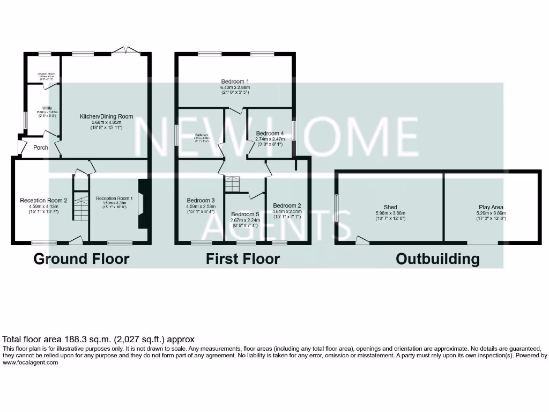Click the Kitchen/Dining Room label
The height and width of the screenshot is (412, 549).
pyautogui.click(x=106, y=116)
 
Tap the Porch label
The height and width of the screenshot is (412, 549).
pyautogui.click(x=41, y=148)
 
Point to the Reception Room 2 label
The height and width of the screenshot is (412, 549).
pyautogui.click(x=44, y=201)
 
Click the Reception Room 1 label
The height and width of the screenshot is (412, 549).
pyautogui.click(x=114, y=198)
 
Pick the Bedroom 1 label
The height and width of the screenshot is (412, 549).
pyautogui.click(x=235, y=82)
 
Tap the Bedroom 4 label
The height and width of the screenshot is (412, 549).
pyautogui.click(x=270, y=133)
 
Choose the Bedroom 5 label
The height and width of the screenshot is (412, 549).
pyautogui.click(x=245, y=214)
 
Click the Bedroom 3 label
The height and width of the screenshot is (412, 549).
pyautogui.click(x=201, y=201)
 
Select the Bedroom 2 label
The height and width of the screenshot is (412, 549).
pyautogui.click(x=287, y=205)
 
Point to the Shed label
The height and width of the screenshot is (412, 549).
pyautogui.click(x=390, y=207)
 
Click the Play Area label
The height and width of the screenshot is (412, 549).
pyautogui.click(x=491, y=207)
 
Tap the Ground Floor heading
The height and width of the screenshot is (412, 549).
pyautogui.click(x=81, y=259)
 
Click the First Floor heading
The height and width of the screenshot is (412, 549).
pyautogui.click(x=243, y=259)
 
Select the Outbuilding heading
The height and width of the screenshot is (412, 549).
pyautogui.click(x=437, y=259)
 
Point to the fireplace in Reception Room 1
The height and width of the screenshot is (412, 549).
pyautogui.click(x=142, y=204)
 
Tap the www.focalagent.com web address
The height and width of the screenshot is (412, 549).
pyautogui.click(x=31, y=363)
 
